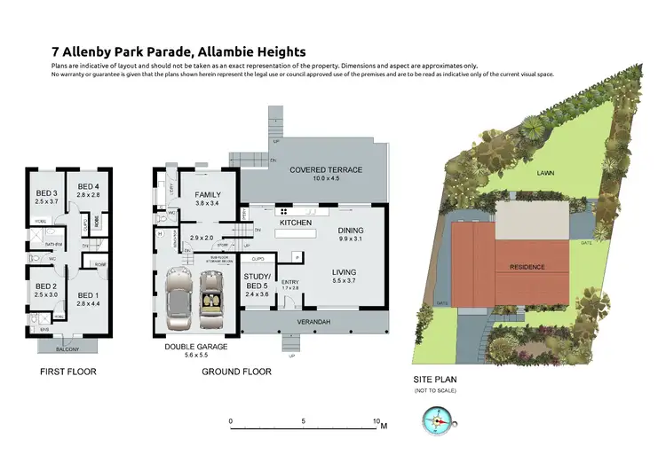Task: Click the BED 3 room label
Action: [x=47, y=193]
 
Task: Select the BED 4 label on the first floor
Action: [x=86, y=186]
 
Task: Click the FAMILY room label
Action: [x=206, y=195]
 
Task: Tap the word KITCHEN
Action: [x=295, y=224]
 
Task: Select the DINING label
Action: [x=352, y=230]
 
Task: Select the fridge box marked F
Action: [x=297, y=256]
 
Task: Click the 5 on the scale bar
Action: [x=304, y=421]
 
